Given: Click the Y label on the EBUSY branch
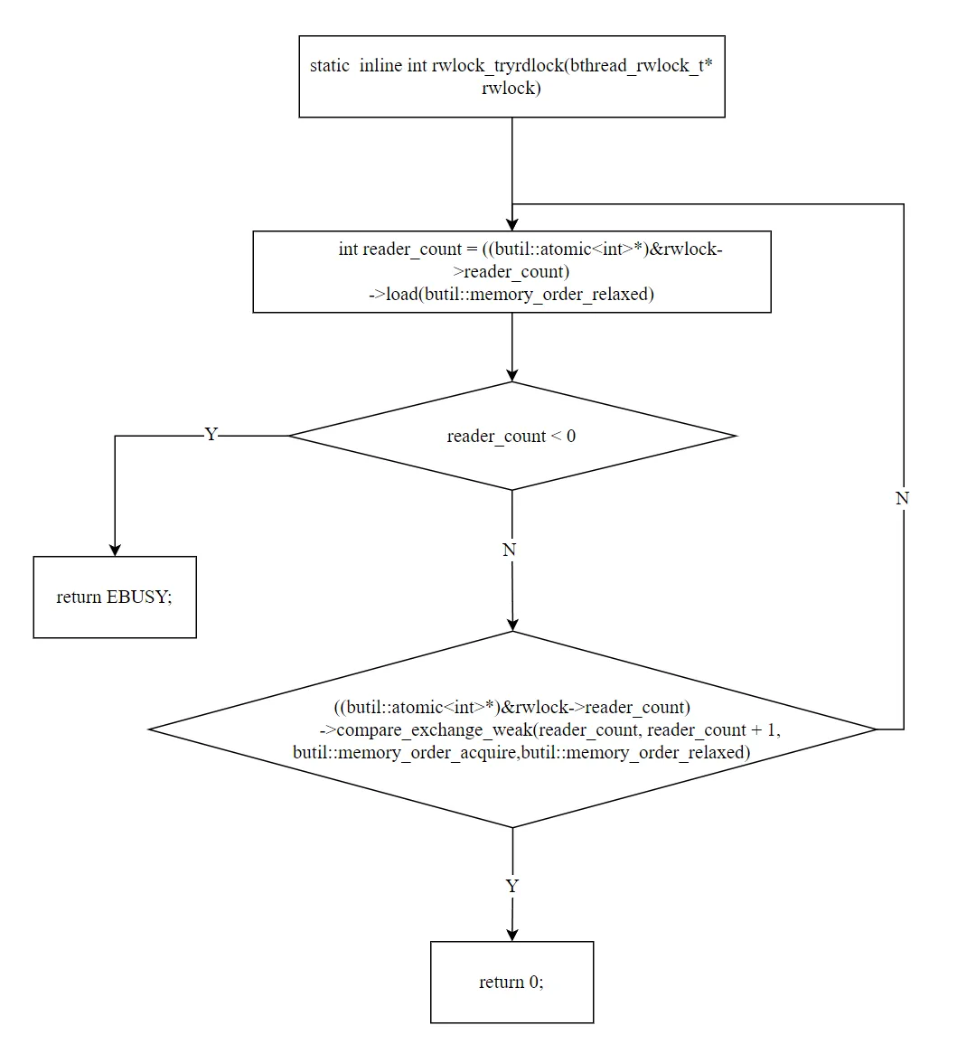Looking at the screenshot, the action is pos(211,434).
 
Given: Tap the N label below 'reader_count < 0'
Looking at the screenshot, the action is pos(510,550).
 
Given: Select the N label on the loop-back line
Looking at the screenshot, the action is pos(902,498).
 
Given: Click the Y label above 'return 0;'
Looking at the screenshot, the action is pos(511,886).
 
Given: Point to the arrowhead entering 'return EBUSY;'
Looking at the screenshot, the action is pos(115,550).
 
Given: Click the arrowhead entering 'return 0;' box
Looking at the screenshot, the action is pos(511,936).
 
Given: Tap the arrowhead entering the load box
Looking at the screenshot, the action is pos(511,225).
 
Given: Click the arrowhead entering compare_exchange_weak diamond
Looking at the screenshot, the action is pos(512,626).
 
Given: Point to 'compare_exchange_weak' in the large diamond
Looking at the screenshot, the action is pos(434,730).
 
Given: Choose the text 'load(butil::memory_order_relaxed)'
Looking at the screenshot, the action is pos(520,295).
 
